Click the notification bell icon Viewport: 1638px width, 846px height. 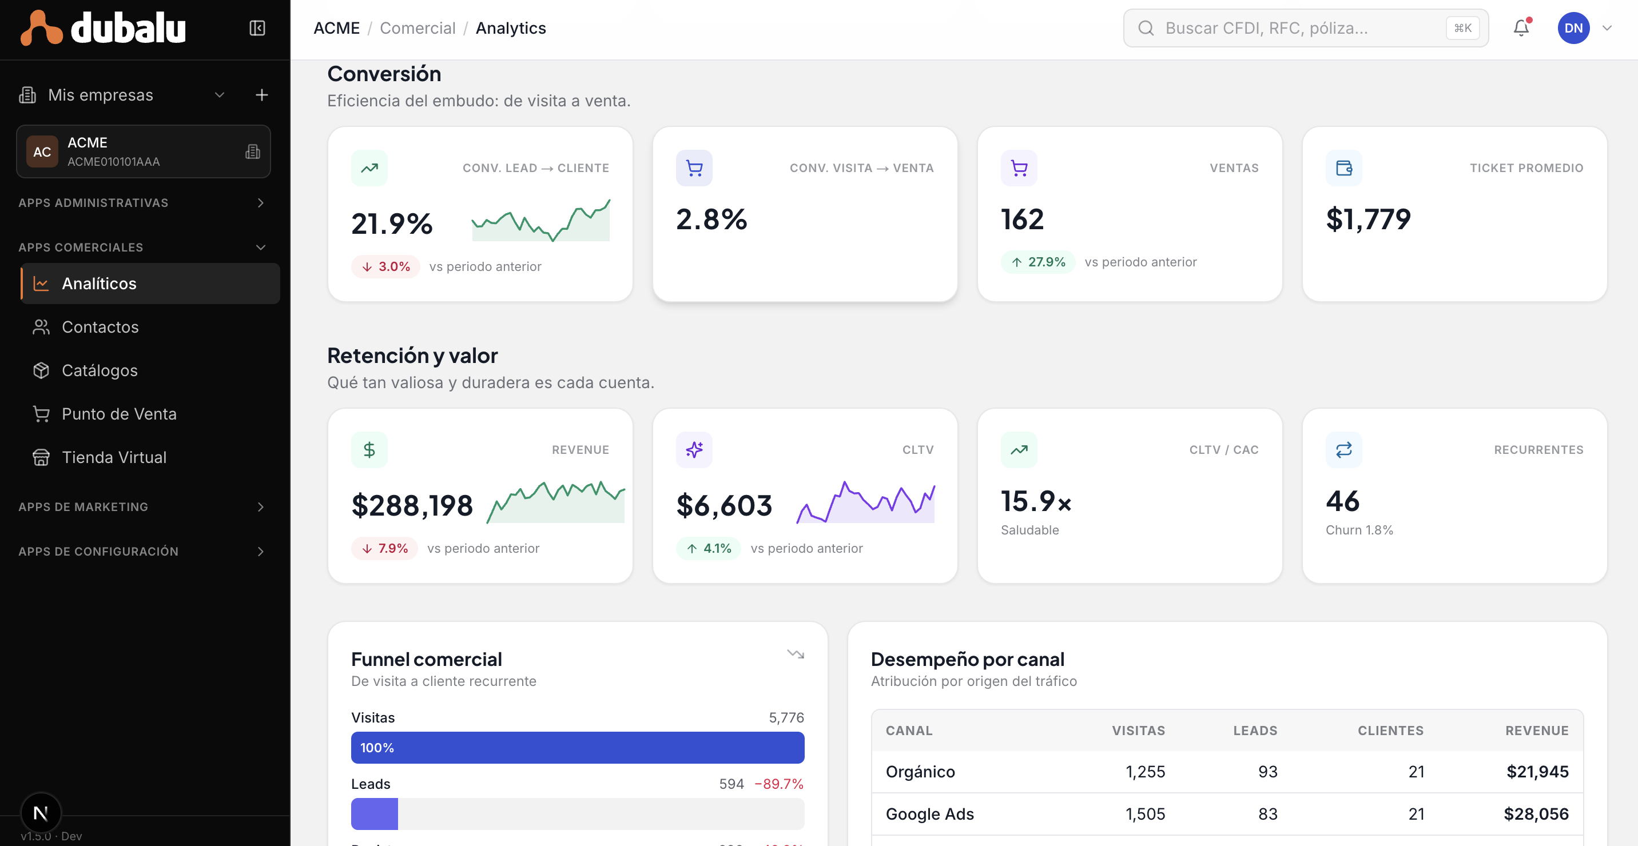(1521, 28)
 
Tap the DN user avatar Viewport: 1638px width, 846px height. (1573, 28)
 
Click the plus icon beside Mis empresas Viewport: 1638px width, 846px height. (261, 95)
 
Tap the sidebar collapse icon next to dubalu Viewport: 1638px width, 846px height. (257, 28)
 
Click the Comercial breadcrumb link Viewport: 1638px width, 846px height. (418, 28)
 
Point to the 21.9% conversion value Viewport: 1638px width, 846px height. (392, 224)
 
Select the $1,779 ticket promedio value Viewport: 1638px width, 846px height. (1367, 220)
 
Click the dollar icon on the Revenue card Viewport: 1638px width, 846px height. (369, 450)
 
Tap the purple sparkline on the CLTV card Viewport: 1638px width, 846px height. (865, 502)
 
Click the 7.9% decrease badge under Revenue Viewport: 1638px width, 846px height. (384, 548)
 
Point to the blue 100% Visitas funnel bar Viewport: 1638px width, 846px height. (578, 748)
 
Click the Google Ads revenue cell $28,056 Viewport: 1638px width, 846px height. (1536, 813)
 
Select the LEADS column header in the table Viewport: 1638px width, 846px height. (1255, 731)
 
